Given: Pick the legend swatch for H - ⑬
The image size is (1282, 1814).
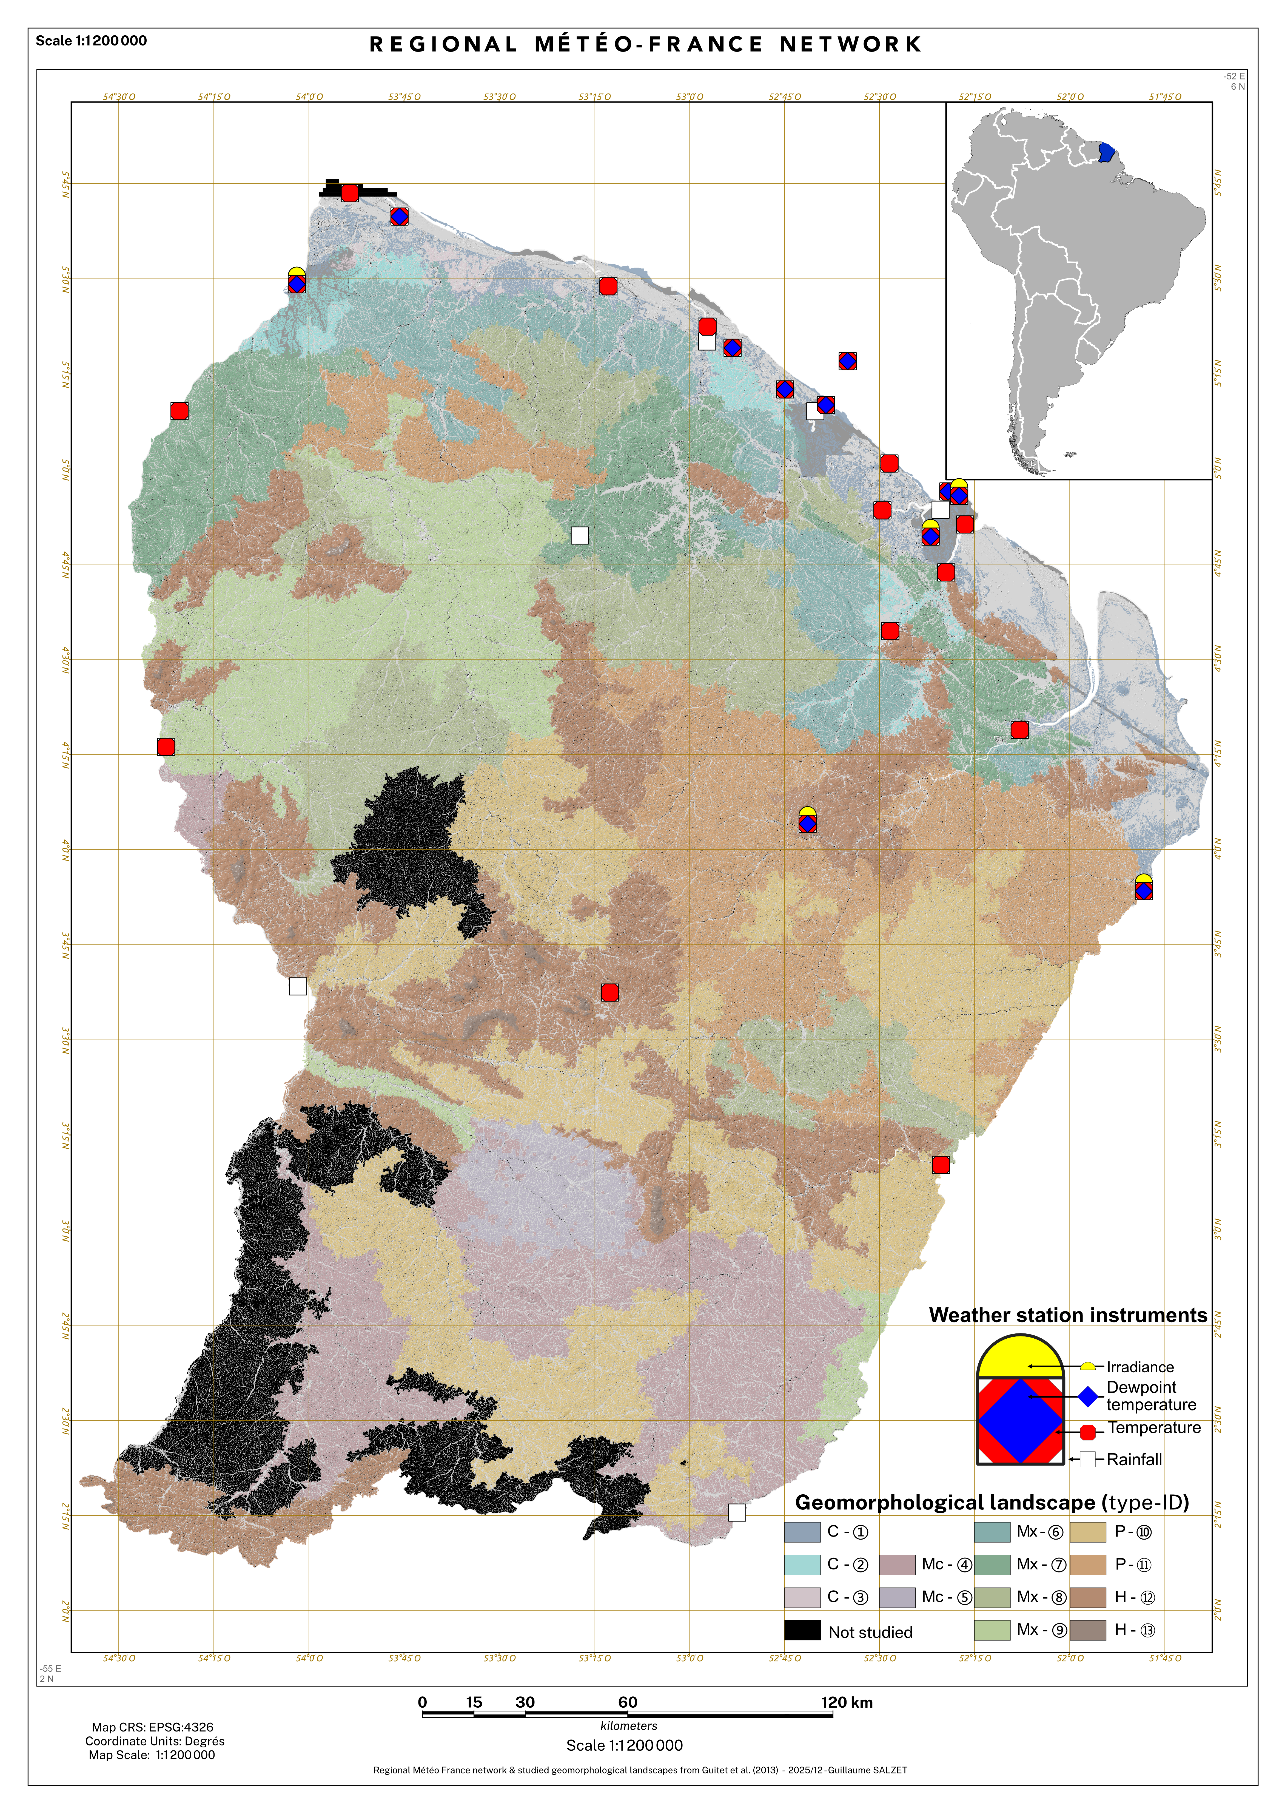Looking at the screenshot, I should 1088,1630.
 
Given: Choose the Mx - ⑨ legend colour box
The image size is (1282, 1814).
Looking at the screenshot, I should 992,1630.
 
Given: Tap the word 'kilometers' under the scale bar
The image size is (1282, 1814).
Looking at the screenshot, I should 629,1725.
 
